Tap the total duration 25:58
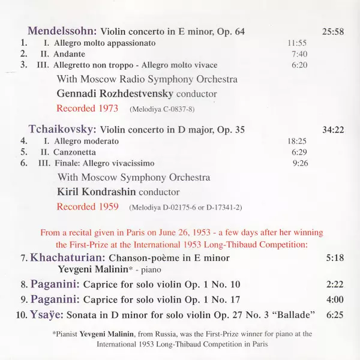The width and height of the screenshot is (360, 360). pyautogui.click(x=332, y=31)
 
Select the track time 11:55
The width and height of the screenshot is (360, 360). pyautogui.click(x=297, y=43)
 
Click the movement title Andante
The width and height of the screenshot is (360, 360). pyautogui.click(x=69, y=54)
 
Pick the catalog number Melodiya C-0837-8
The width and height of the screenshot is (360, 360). pyautogui.click(x=162, y=109)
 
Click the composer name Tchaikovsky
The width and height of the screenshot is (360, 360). pyautogui.click(x=62, y=128)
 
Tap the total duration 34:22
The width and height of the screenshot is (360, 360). pyautogui.click(x=332, y=128)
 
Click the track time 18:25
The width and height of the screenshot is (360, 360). pyautogui.click(x=297, y=140)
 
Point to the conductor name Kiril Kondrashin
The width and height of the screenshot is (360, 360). pyautogui.click(x=97, y=192)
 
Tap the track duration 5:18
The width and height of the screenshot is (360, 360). pyautogui.click(x=335, y=257)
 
